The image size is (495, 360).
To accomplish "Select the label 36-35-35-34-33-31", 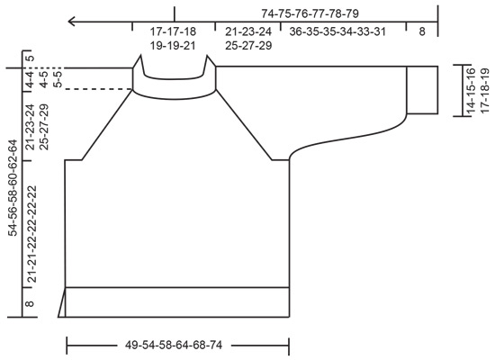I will [337, 31].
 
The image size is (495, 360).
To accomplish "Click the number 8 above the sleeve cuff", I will [422, 31].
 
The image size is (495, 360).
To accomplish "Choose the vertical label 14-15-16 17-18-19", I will [476, 89].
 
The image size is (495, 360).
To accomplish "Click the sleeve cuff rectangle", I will [421, 90].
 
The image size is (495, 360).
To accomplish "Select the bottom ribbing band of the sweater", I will [178, 302].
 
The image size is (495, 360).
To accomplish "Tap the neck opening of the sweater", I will [174, 72].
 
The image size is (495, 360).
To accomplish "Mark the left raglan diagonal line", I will [108, 125].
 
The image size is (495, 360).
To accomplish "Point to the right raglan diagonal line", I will [245, 125].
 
